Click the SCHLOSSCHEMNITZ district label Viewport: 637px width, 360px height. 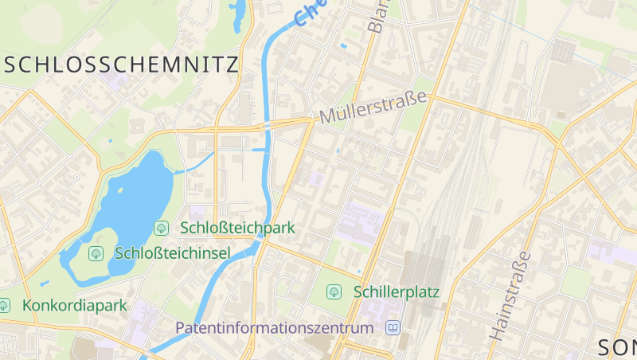(x=121, y=65)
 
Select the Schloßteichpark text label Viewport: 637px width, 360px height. (x=238, y=228)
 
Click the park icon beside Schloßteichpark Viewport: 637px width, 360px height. (x=162, y=228)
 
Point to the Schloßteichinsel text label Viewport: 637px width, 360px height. (x=173, y=253)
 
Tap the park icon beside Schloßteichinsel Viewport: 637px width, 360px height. (x=96, y=253)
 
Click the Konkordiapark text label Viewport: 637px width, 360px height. (x=76, y=305)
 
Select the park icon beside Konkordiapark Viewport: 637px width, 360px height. (x=4, y=305)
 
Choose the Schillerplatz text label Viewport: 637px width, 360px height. (x=397, y=292)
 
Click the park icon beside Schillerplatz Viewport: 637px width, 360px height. (x=334, y=292)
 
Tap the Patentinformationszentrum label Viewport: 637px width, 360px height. (x=274, y=327)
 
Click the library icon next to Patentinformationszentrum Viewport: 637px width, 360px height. (x=393, y=327)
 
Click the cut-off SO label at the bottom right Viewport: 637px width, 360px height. (x=617, y=347)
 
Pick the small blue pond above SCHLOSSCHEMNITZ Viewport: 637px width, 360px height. (x=238, y=16)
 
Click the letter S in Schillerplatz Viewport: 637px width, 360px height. (x=358, y=292)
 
